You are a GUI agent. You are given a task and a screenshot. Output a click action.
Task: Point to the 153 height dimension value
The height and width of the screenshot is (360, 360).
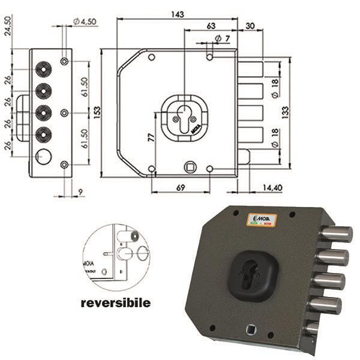97,112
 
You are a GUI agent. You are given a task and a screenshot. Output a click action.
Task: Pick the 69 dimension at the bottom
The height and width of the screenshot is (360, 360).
180,188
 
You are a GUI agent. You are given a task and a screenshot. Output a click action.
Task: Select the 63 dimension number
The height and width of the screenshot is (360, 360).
211,26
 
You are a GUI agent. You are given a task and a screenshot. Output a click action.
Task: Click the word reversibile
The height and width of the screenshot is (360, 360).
116,303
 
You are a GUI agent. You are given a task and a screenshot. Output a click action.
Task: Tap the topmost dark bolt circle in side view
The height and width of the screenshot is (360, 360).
43,68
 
